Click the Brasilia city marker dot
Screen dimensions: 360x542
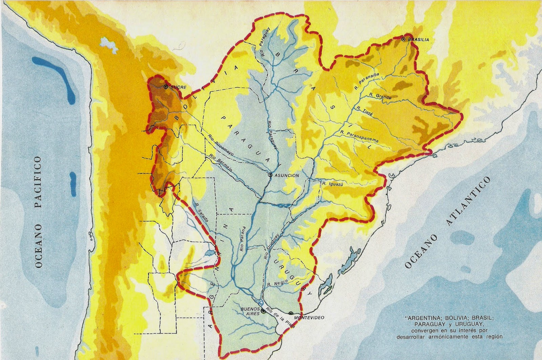pyautogui.click(x=403, y=39)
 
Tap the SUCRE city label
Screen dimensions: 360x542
pyautogui.click(x=178, y=87)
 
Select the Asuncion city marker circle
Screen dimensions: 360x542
pyautogui.click(x=270, y=175)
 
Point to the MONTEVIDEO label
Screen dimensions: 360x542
pyautogui.click(x=309, y=318)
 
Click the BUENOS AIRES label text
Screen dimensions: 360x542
pyautogui.click(x=250, y=311)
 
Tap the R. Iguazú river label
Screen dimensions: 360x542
pyautogui.click(x=333, y=184)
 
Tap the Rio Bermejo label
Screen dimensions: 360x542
pyautogui.click(x=221, y=163)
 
